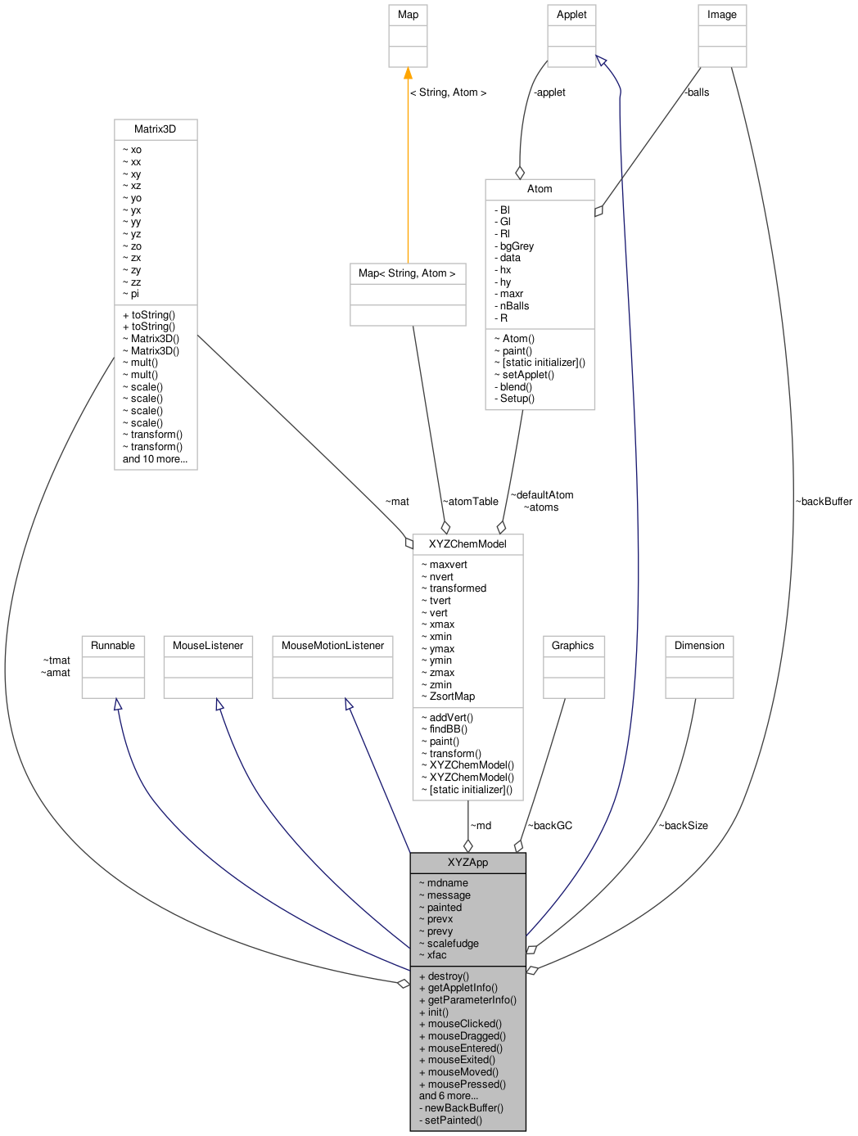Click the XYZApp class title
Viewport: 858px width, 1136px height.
click(467, 863)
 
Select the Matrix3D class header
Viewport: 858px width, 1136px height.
click(156, 129)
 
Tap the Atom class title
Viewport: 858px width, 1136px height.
click(540, 189)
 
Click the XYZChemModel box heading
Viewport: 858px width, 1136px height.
click(467, 544)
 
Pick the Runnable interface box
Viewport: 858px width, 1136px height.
click(113, 646)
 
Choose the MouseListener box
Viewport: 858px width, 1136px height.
click(208, 646)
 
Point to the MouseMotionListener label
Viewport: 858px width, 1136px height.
click(332, 646)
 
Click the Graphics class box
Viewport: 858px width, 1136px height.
click(573, 646)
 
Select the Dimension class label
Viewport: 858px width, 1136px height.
click(699, 646)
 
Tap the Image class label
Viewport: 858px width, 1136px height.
click(722, 15)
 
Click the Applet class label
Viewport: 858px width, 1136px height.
click(571, 15)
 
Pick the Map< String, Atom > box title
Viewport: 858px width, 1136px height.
click(407, 273)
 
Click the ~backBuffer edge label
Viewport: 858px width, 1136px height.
click(824, 502)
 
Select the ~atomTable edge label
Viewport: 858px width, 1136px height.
click(471, 502)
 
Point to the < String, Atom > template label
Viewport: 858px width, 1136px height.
click(448, 92)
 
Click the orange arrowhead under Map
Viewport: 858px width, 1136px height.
click(408, 74)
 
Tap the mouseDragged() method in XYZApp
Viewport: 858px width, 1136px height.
click(467, 1036)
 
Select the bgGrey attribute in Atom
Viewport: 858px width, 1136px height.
click(517, 246)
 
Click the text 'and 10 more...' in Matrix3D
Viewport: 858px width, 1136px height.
click(155, 459)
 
